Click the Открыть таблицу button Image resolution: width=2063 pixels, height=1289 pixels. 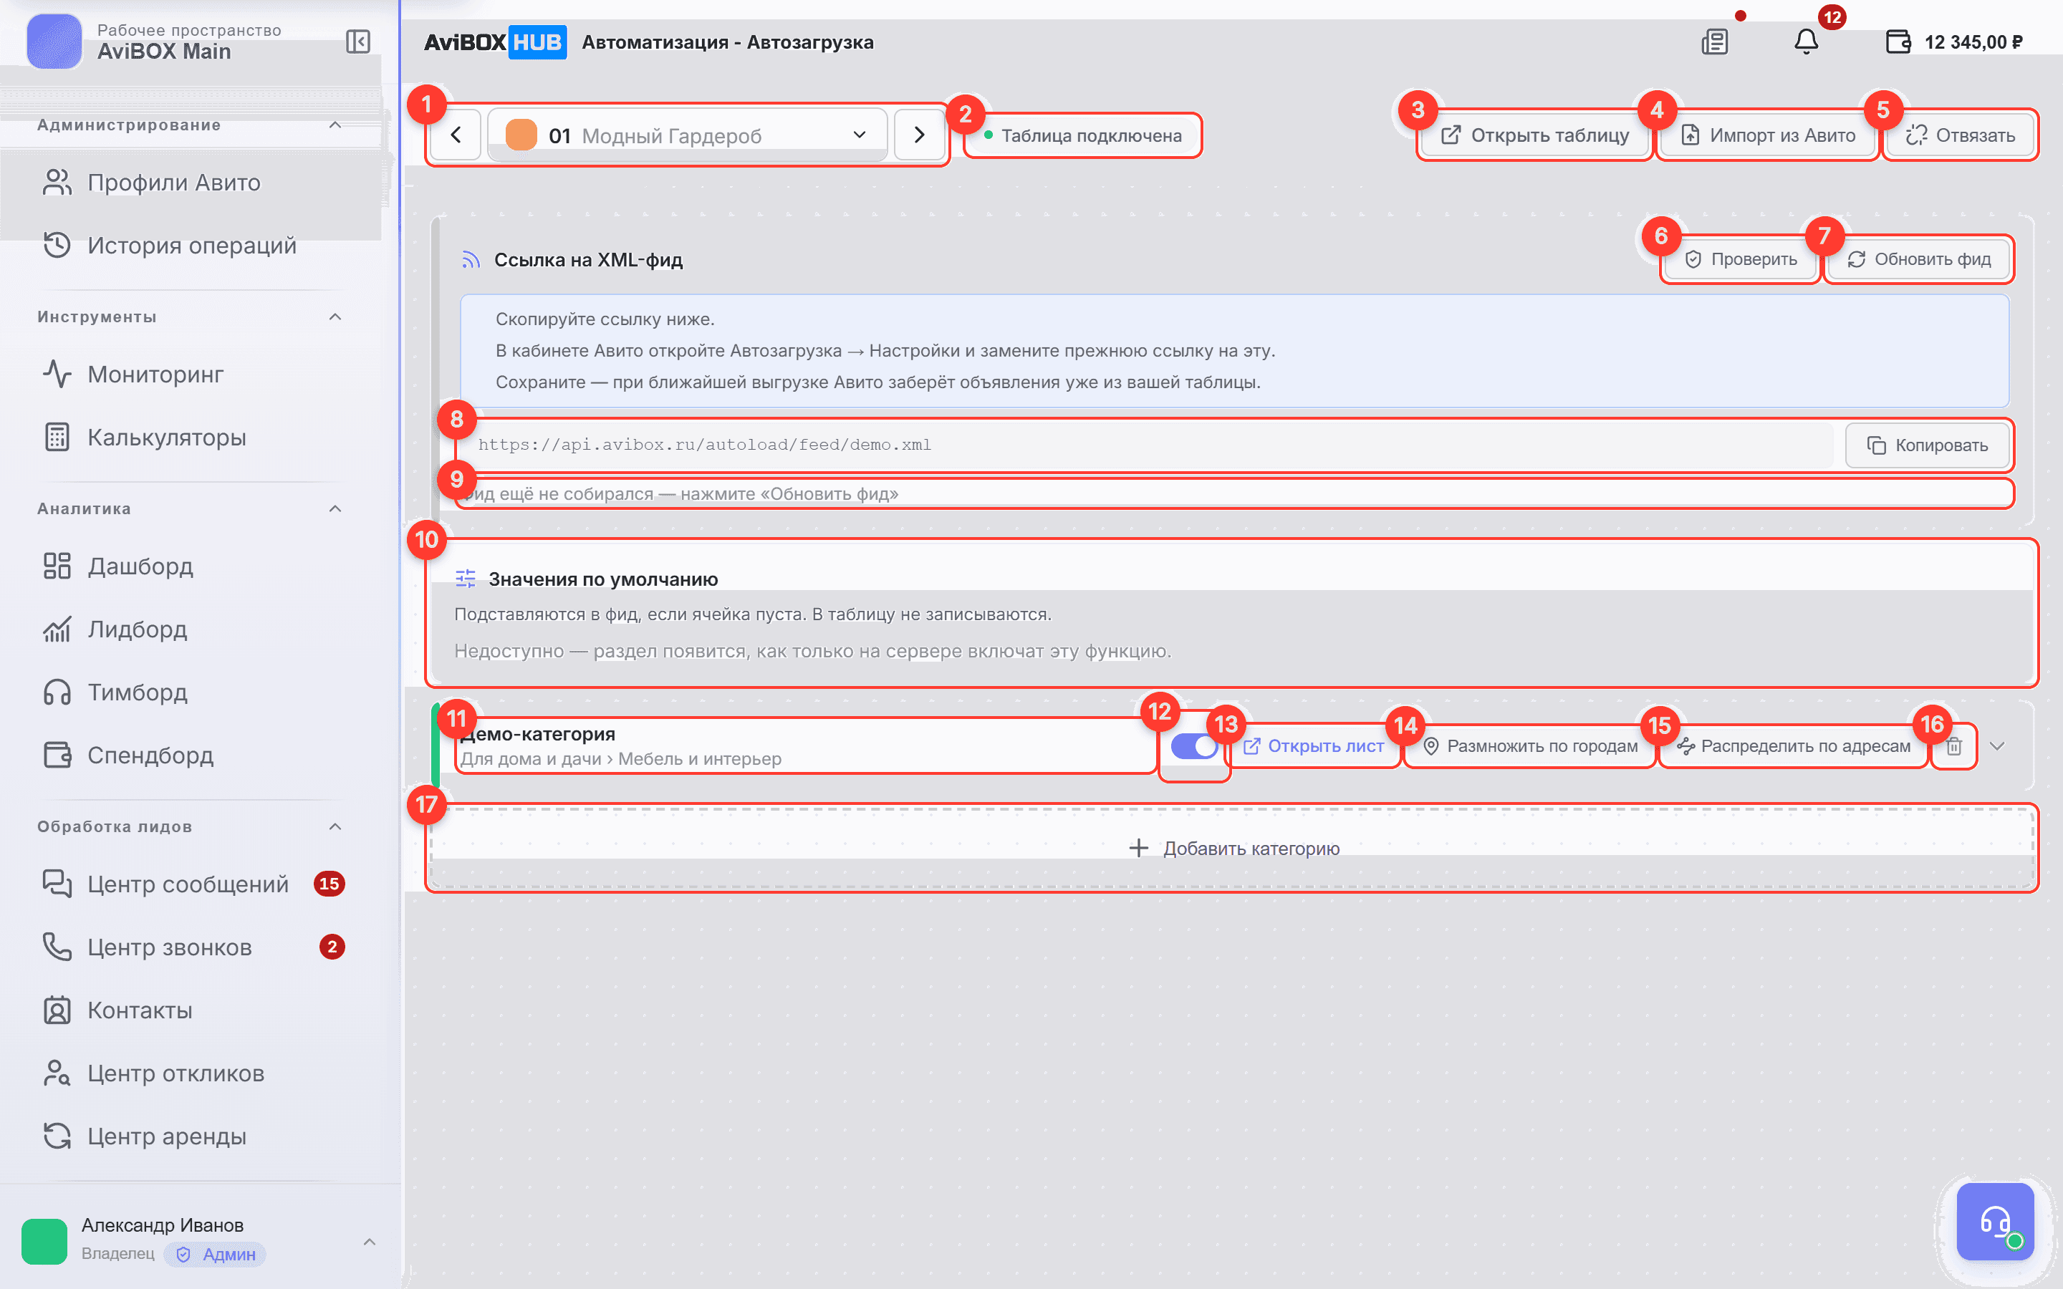click(x=1534, y=135)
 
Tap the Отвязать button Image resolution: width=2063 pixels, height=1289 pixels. click(x=1960, y=135)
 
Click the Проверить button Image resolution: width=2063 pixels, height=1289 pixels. click(x=1741, y=259)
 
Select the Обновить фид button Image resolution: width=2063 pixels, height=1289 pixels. click(x=1918, y=259)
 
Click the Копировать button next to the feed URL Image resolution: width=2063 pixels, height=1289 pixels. click(x=1928, y=445)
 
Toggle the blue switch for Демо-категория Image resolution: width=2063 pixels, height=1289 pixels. click(x=1194, y=746)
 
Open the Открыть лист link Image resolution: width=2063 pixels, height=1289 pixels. click(x=1314, y=746)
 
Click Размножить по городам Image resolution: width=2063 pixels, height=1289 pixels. click(x=1530, y=746)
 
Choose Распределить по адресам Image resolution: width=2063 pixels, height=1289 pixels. click(x=1794, y=746)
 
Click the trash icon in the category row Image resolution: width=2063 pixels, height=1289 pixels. click(x=1954, y=746)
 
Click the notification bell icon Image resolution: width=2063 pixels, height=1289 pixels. click(x=1806, y=42)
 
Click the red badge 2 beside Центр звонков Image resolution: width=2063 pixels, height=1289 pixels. click(x=332, y=947)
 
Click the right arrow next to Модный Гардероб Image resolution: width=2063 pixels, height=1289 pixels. click(x=919, y=135)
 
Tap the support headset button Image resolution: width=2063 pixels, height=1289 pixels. click(x=1995, y=1222)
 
